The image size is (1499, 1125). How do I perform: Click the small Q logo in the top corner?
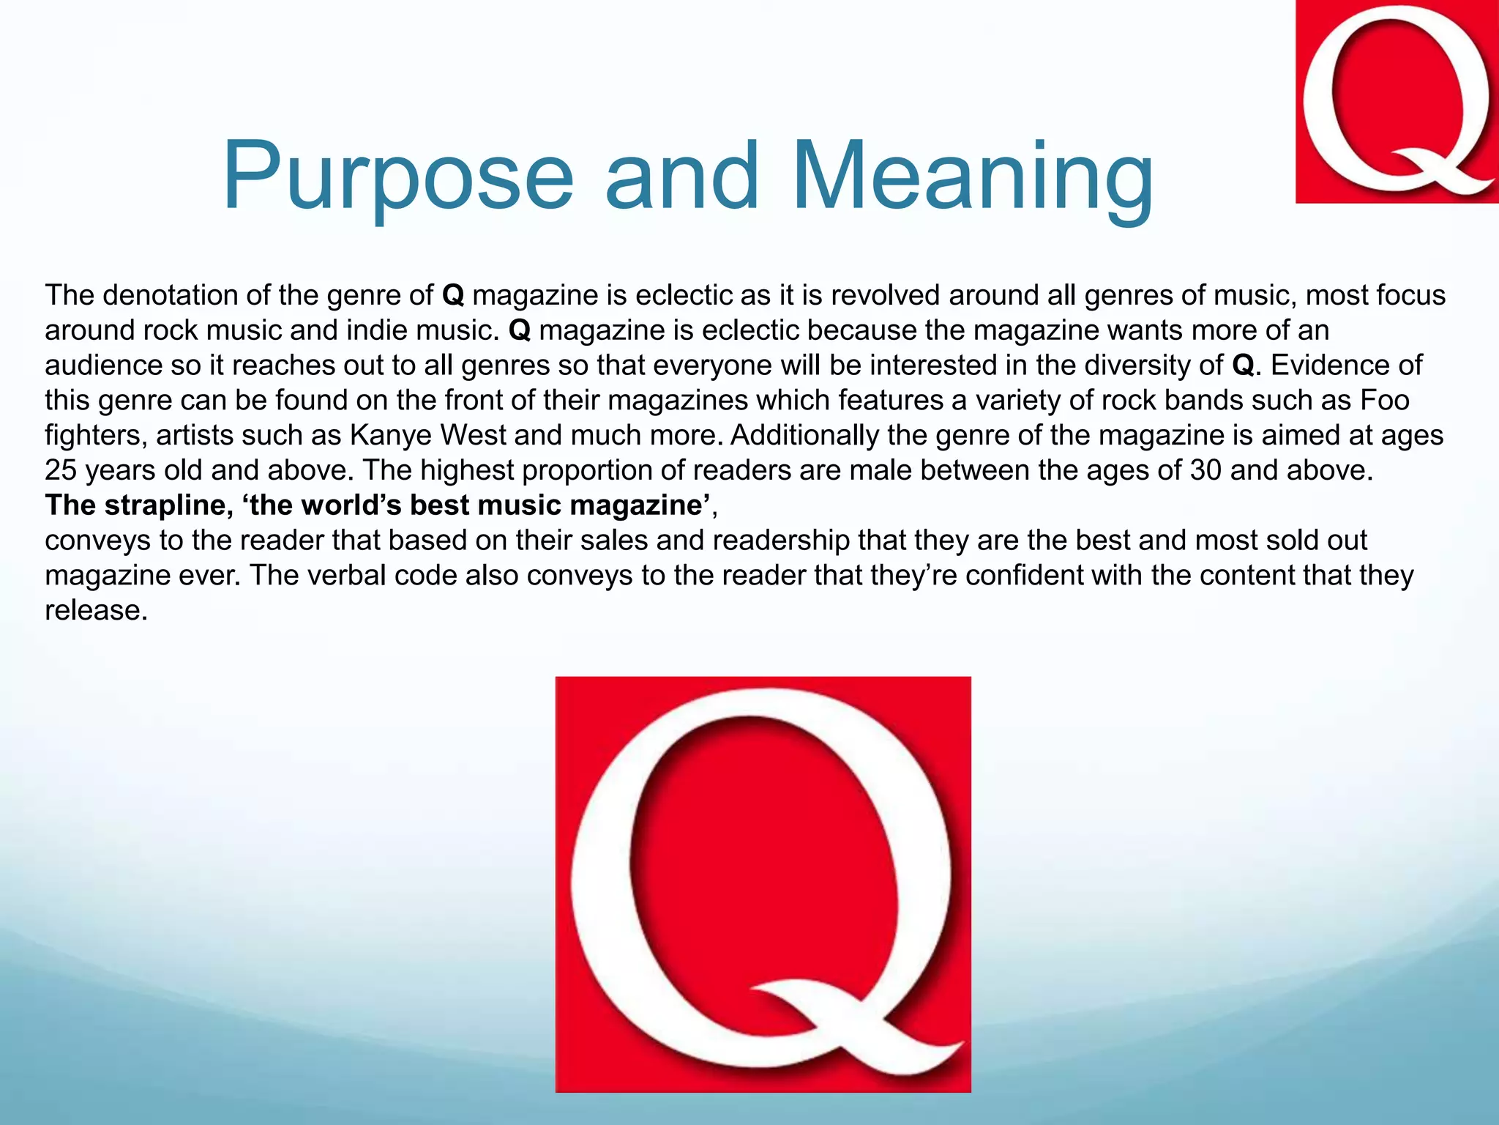1397,101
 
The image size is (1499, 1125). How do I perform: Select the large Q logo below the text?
763,884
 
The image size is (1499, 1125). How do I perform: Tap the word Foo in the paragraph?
1385,400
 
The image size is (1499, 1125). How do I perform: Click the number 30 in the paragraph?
1205,470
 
